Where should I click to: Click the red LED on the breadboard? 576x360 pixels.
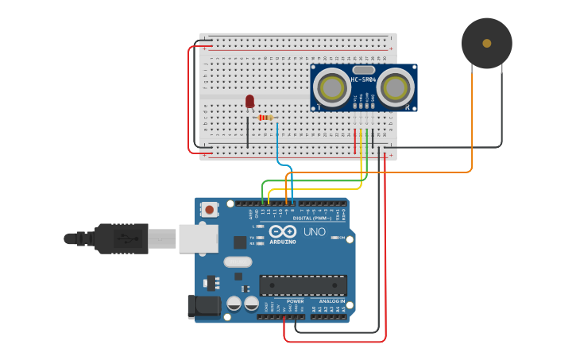tap(249, 101)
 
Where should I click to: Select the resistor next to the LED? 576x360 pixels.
tap(266, 118)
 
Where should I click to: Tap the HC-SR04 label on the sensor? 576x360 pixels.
tap(363, 79)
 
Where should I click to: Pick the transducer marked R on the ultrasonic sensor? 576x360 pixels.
tap(395, 87)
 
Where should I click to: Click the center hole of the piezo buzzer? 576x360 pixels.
tap(486, 44)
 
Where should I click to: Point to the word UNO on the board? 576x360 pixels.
tap(314, 232)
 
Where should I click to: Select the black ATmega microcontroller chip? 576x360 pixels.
tap(303, 285)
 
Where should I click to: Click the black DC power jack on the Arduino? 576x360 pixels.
tap(200, 307)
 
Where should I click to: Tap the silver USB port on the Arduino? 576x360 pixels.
tap(198, 238)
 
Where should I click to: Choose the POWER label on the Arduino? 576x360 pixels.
tap(295, 302)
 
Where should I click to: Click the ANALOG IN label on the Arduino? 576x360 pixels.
tap(332, 302)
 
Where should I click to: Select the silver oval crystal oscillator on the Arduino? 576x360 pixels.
tap(238, 261)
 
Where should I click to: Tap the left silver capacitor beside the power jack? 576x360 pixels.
tap(234, 304)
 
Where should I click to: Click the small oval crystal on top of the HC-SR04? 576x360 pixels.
tap(363, 70)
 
